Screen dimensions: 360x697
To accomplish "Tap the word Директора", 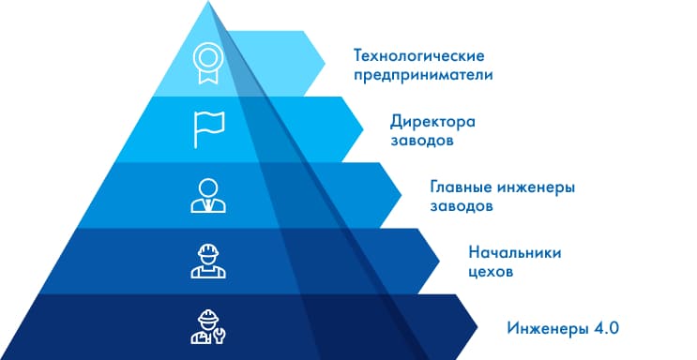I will tap(432, 122).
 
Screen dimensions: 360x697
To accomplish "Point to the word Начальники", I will tap(512, 252).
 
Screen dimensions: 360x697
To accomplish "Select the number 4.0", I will tap(604, 327).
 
